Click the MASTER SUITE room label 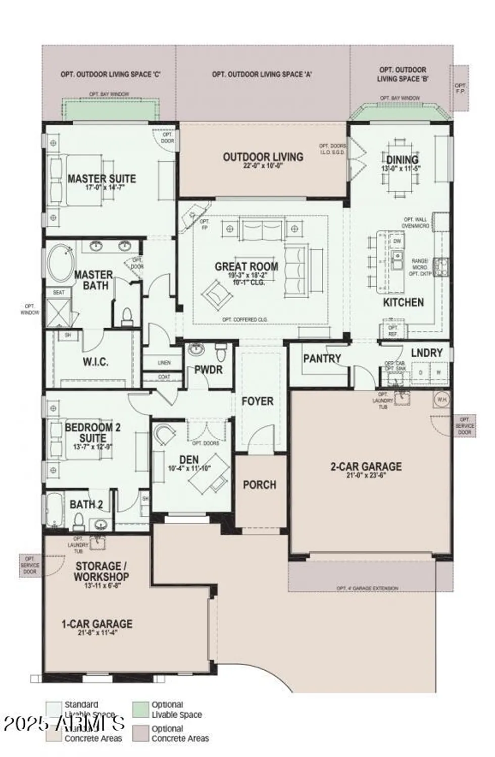102,179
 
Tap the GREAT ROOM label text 246,266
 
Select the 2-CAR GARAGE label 366,466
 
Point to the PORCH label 260,484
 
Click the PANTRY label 322,358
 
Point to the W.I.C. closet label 95,362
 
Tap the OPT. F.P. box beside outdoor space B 460,88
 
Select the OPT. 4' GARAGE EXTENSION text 367,588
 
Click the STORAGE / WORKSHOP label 101,571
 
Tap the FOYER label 257,401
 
